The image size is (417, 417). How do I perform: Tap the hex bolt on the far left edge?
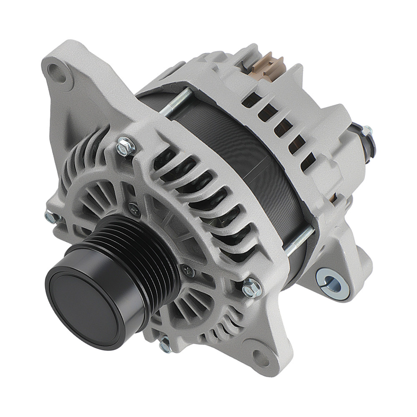click(50, 216)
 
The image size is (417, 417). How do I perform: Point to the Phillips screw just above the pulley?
click(133, 206)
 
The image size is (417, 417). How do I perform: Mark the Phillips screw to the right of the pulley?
click(189, 270)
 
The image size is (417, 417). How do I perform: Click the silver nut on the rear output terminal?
click(367, 130)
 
